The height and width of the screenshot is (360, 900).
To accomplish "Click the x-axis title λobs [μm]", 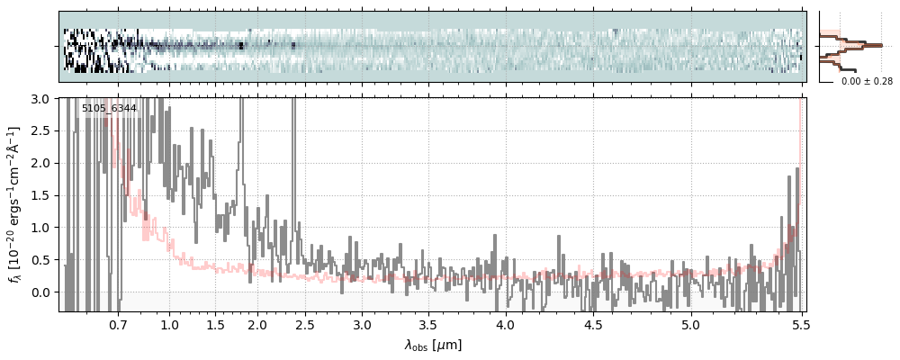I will [x=433, y=345].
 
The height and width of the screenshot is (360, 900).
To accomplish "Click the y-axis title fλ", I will [x=15, y=204].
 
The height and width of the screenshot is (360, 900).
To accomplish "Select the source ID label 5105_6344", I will [x=109, y=109].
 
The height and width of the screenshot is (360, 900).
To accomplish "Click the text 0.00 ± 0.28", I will [x=867, y=82].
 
